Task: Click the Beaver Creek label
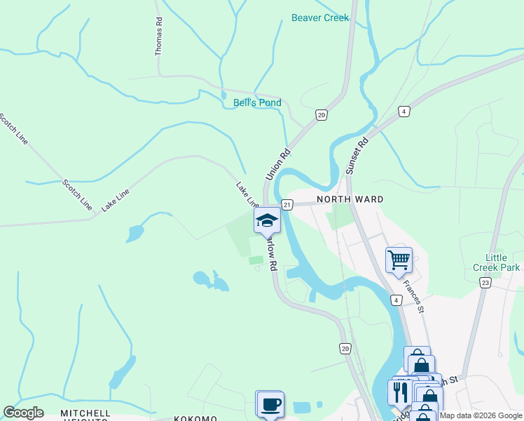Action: (x=319, y=18)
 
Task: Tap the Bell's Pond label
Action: (x=257, y=103)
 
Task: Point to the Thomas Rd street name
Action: (x=159, y=36)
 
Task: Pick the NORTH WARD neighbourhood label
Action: (x=350, y=199)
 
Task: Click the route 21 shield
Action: (x=287, y=204)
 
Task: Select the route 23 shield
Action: (x=485, y=282)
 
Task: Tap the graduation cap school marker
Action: (x=266, y=220)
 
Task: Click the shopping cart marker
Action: (x=399, y=260)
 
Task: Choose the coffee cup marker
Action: (x=270, y=403)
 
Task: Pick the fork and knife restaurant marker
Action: (x=401, y=392)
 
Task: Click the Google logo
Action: (x=23, y=413)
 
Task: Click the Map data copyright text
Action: (x=481, y=415)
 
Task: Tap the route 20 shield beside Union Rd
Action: (x=322, y=115)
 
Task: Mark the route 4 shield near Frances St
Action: (x=397, y=301)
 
